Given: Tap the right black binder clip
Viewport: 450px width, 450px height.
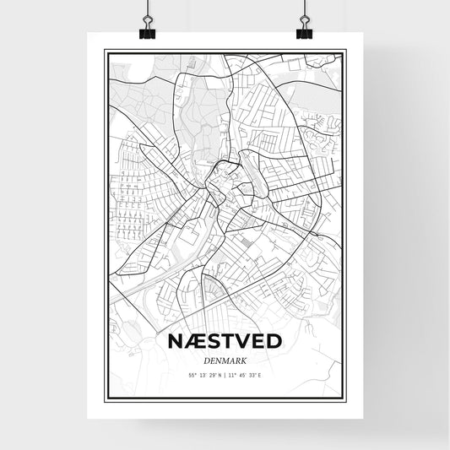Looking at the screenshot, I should tap(304, 30).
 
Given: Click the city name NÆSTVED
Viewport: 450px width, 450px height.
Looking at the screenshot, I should tap(225, 342).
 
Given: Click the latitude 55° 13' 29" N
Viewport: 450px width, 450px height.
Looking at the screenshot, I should tap(203, 374).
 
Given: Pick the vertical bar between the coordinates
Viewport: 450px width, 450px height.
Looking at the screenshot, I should tap(225, 374).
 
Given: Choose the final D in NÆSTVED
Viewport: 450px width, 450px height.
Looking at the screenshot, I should tap(275, 342).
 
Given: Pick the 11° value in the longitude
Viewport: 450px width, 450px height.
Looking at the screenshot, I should tap(232, 374).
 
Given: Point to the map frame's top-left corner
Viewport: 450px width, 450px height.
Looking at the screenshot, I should tap(106, 51).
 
